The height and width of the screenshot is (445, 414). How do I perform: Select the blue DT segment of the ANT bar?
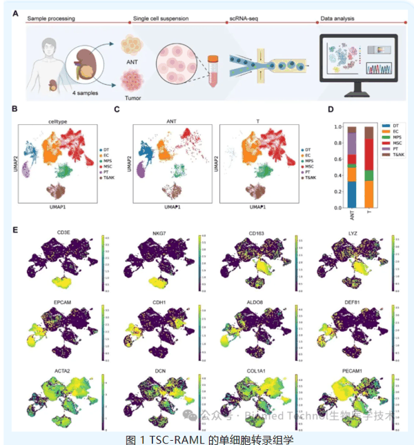[352, 195]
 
